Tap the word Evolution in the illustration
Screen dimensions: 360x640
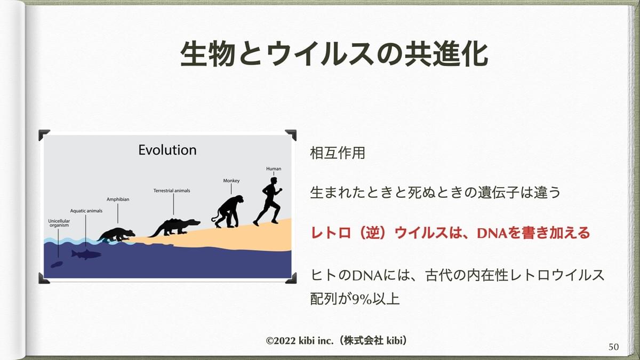point(167,150)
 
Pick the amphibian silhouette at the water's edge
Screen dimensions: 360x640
point(116,234)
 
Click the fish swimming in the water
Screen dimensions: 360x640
point(86,253)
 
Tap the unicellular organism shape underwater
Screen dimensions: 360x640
point(56,263)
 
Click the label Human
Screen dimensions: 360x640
point(274,169)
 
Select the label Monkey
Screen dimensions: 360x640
point(231,181)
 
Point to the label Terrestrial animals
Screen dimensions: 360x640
point(172,190)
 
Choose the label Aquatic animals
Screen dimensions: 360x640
point(86,211)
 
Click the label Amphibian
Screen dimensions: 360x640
point(117,199)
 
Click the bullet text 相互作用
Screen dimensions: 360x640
point(338,153)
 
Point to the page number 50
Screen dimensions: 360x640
point(613,347)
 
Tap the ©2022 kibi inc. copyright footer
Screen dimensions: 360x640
point(338,340)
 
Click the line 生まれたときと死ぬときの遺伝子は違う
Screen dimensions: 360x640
point(435,192)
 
